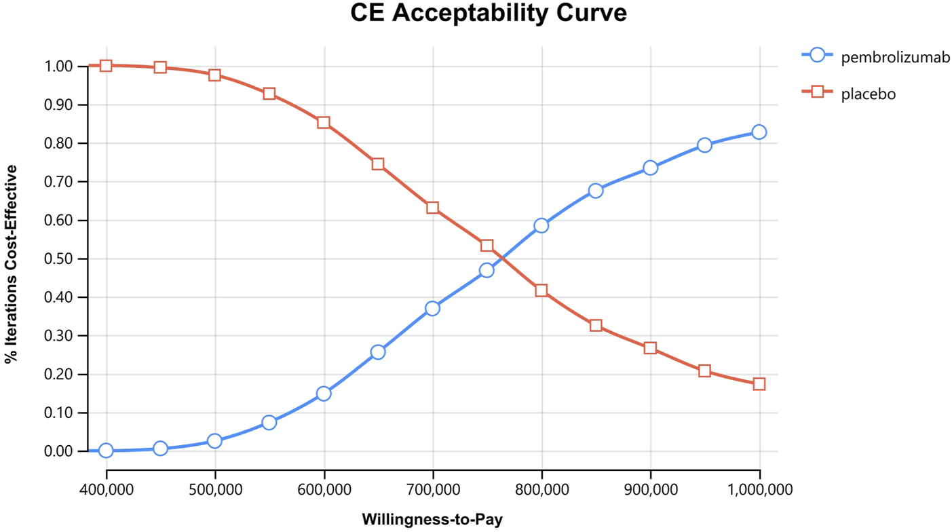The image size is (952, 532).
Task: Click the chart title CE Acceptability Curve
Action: pos(488,13)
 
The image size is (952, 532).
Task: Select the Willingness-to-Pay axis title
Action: pos(432,520)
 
